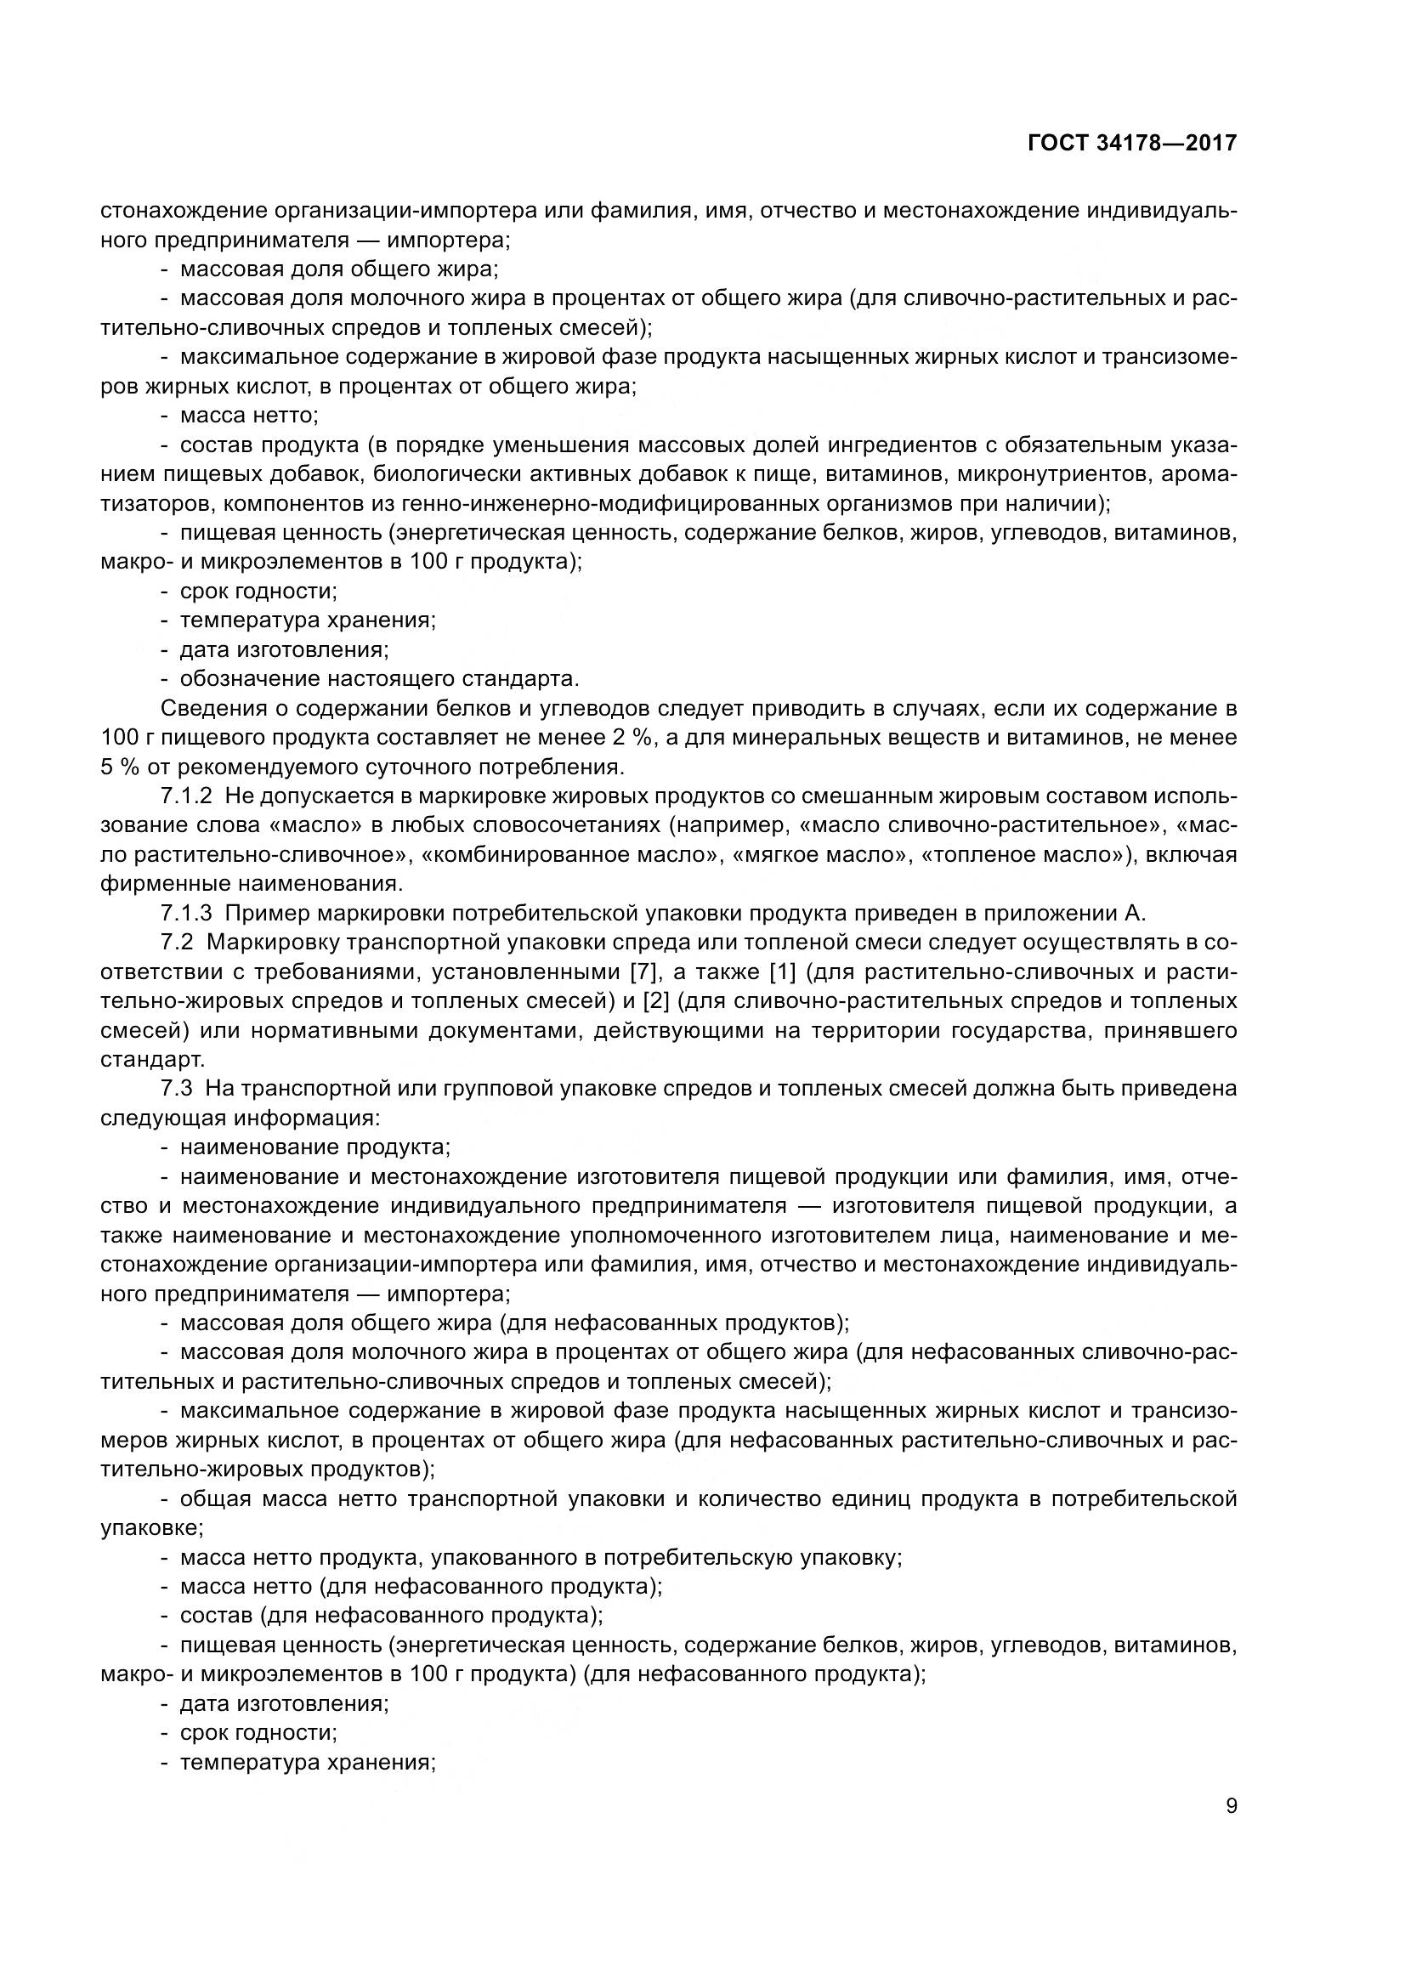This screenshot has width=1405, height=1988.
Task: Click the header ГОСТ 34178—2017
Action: pos(1131,143)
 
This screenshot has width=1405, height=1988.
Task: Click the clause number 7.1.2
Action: pos(186,796)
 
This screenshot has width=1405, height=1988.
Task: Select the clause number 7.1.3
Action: pos(186,913)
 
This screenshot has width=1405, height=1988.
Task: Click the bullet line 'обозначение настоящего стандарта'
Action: pos(379,679)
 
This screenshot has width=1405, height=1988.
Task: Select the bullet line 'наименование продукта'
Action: pos(315,1147)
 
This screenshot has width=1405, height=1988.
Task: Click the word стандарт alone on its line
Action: pos(152,1060)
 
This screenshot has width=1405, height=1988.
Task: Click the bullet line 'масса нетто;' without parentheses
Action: pos(248,416)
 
